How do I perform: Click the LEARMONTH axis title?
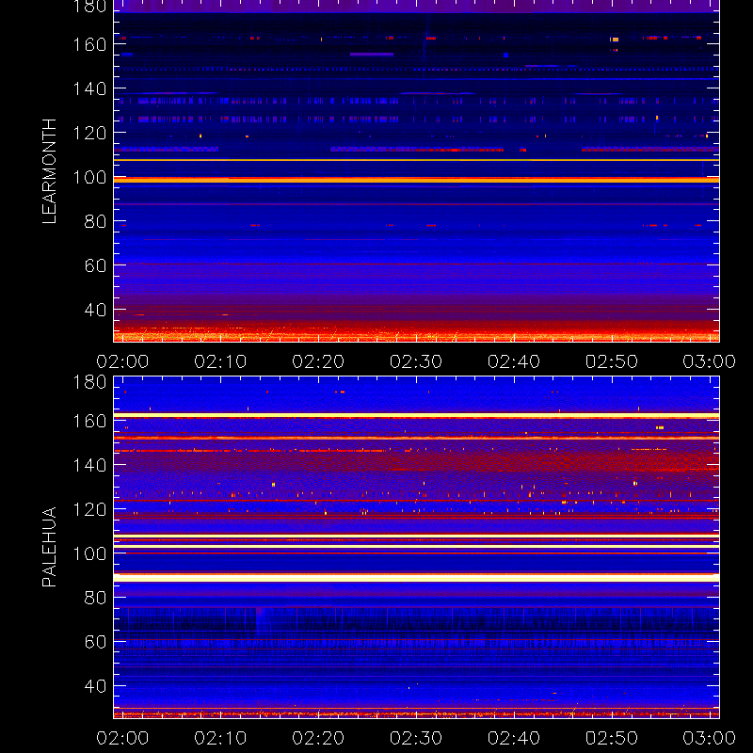tap(49, 171)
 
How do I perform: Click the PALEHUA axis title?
tap(49, 547)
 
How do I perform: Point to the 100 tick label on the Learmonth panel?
tap(89, 178)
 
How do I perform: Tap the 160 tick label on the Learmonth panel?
tap(89, 44)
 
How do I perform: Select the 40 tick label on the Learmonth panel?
tap(95, 310)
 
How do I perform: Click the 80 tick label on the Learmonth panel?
tap(95, 222)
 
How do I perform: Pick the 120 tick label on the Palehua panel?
tap(89, 509)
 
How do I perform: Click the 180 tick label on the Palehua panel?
tap(89, 382)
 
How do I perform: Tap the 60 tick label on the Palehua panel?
tap(95, 642)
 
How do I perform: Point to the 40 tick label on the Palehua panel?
tap(95, 686)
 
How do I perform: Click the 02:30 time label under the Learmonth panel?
tap(416, 361)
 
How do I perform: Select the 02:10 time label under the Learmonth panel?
tap(220, 361)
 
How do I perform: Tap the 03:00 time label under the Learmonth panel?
tap(710, 361)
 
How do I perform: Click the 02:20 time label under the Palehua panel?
tap(318, 738)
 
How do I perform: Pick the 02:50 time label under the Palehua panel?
tap(611, 738)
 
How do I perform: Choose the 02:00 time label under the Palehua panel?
tap(122, 738)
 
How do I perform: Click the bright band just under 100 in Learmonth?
tap(416, 180)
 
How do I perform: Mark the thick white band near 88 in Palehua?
tap(416, 578)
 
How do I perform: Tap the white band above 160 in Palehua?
tap(416, 415)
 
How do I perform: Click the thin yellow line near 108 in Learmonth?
tap(416, 160)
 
